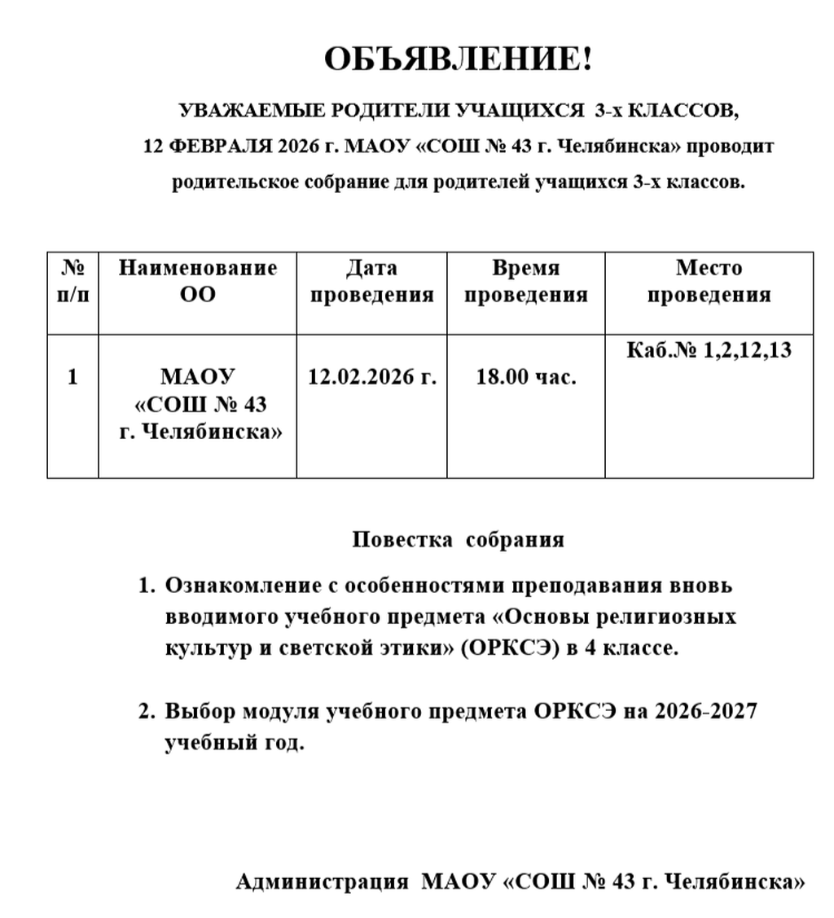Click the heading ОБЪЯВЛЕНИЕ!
(x=459, y=59)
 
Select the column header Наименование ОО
(x=198, y=281)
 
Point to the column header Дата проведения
(x=372, y=281)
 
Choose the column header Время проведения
(x=526, y=281)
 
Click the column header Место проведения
(x=709, y=281)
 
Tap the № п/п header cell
(x=73, y=281)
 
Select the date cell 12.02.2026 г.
(x=372, y=377)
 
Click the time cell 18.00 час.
(x=526, y=377)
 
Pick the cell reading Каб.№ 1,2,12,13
(x=709, y=351)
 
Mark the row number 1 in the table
(x=73, y=377)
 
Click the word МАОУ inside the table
(x=198, y=377)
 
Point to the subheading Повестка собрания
(x=458, y=540)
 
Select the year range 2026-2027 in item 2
(x=705, y=711)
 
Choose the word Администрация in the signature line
(x=322, y=882)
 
